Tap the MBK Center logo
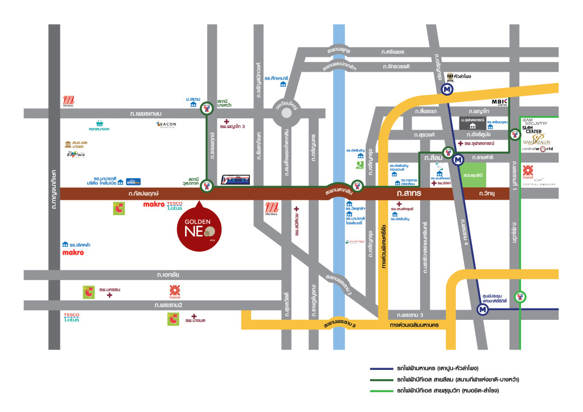tap(499, 103)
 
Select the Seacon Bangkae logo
tap(166, 125)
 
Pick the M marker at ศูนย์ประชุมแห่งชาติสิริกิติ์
tap(483, 310)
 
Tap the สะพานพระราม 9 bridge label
tap(342, 324)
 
